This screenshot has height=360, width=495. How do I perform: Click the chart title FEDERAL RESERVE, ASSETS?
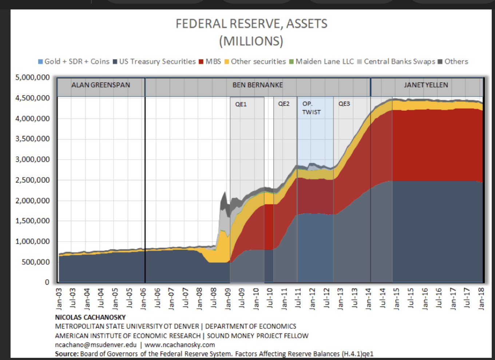point(252,24)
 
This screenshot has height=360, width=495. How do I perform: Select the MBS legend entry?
point(213,61)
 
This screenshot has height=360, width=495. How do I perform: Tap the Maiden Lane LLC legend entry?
point(324,61)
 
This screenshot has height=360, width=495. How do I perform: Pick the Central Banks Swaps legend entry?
point(399,61)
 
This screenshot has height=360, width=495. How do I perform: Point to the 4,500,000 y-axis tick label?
point(33,98)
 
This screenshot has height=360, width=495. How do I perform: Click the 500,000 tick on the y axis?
point(36,262)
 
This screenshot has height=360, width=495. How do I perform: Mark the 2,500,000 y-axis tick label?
point(33,180)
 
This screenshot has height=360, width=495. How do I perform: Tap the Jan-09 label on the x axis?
point(228,299)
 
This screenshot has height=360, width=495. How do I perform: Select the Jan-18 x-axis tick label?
point(481,299)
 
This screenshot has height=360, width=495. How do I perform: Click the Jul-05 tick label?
point(129,299)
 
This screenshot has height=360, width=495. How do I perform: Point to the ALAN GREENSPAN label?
point(101,85)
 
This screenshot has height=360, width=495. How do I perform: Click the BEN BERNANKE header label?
point(258,85)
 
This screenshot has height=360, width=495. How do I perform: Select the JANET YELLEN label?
point(426,85)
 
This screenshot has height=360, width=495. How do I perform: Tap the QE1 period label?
point(241,104)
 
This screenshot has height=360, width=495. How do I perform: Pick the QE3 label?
point(344,104)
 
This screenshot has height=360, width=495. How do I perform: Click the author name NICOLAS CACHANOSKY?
point(90,317)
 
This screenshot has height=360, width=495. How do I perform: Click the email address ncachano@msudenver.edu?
point(96,345)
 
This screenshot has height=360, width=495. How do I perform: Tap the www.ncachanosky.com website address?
point(180,345)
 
